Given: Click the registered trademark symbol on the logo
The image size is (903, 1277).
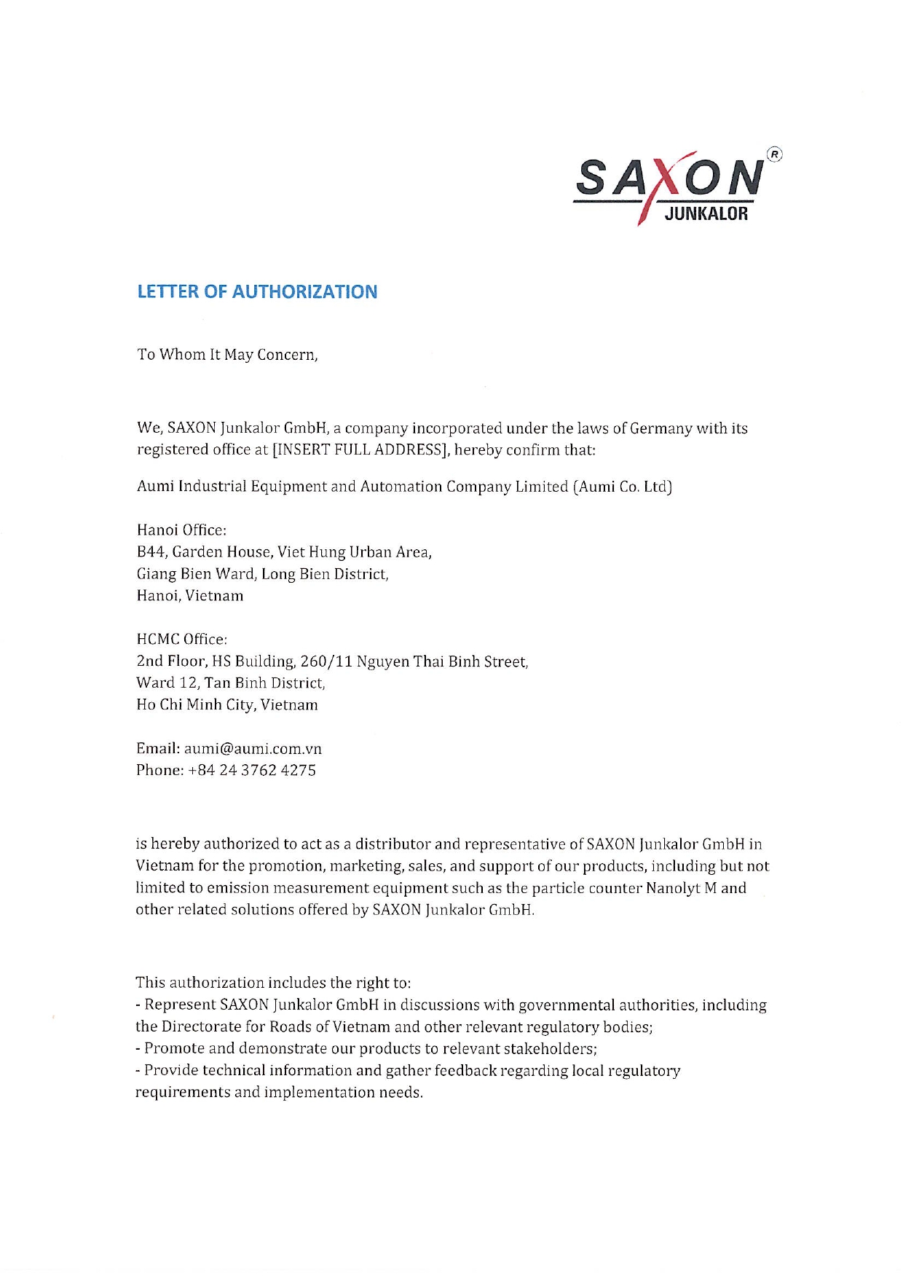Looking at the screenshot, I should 775,154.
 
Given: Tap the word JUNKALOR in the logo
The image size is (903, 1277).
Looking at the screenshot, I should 706,214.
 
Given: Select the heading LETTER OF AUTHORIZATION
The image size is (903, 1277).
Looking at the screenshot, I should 257,291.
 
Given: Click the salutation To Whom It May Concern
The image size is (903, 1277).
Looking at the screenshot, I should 227,355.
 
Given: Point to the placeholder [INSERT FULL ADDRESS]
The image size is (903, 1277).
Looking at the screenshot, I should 360,449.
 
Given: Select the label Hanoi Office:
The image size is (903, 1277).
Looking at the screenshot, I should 181,530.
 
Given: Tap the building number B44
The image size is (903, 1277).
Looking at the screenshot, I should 151,552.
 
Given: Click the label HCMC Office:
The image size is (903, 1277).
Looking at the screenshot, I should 181,640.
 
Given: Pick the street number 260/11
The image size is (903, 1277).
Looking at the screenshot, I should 326,661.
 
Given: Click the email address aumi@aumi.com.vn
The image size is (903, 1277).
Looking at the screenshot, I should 253,749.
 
